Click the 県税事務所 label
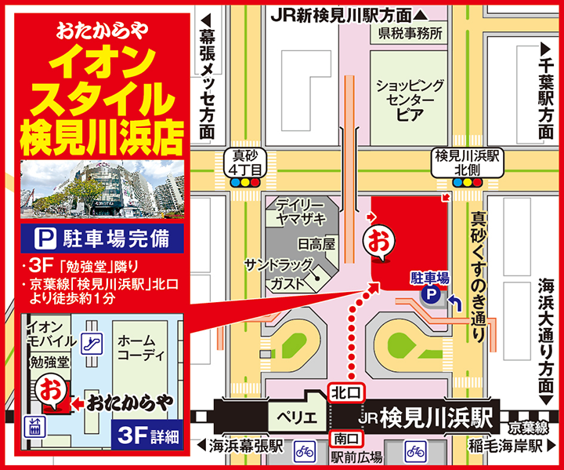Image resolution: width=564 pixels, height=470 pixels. click(x=410, y=34)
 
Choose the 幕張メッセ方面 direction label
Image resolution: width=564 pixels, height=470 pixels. click(x=207, y=78)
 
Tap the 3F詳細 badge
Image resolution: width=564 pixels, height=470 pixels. click(x=148, y=434)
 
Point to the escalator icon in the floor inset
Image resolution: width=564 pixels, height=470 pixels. click(x=94, y=342)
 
